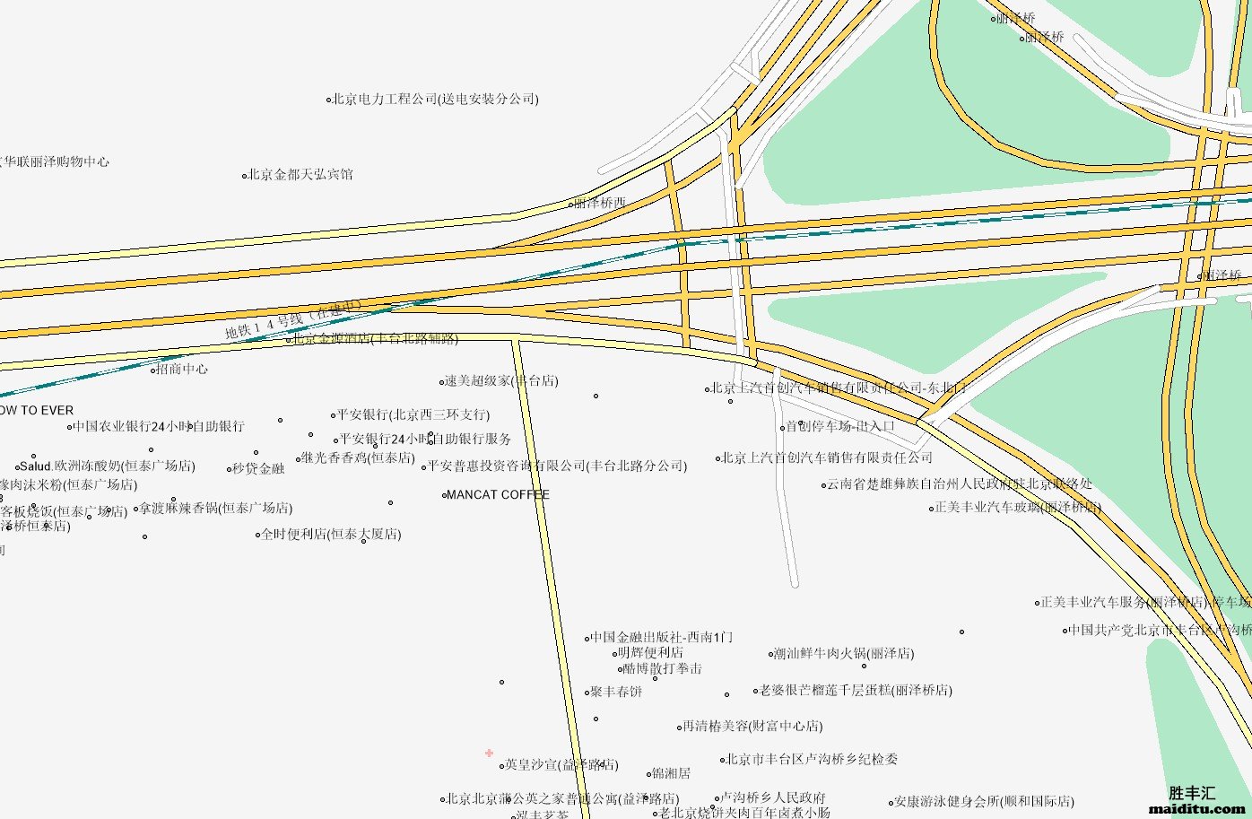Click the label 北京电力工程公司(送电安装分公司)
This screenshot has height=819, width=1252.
point(435,100)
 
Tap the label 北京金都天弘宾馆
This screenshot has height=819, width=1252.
point(300,175)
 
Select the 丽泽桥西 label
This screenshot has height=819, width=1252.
point(599,204)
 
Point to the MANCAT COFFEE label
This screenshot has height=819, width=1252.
point(498,495)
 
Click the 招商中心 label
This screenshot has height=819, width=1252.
point(182,369)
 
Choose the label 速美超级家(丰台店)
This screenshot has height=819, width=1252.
point(501,381)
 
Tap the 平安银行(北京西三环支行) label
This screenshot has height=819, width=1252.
point(413,415)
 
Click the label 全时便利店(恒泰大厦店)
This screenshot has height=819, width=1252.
point(331,535)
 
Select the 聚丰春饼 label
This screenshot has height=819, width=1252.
point(616,692)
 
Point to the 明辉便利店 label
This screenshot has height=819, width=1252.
point(650,653)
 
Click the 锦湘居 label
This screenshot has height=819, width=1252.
point(671,773)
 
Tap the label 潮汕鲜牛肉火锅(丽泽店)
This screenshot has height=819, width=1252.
point(844,654)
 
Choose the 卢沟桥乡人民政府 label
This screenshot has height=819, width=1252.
point(773,797)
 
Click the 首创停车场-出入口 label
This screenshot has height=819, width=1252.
point(840,427)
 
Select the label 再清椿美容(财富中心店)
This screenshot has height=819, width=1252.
point(752,727)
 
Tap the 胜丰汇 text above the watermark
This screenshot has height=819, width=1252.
point(1192,793)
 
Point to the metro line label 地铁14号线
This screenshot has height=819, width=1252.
point(292,321)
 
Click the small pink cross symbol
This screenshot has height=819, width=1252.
point(489,754)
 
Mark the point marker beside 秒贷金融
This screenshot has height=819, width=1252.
point(229,469)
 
